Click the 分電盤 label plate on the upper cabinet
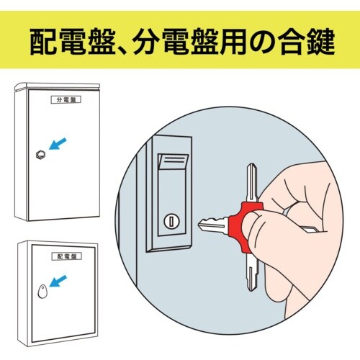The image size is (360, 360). point(66,100)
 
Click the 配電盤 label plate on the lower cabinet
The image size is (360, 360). point(67,256)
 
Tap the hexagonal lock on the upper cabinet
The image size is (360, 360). point(40,155)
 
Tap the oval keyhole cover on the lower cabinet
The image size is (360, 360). point(42,292)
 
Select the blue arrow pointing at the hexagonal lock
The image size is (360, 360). point(58,143)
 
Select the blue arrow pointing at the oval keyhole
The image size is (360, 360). point(58,281)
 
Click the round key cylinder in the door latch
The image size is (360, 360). point(171,221)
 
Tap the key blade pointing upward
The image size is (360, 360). point(252,182)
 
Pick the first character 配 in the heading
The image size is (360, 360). point(43,41)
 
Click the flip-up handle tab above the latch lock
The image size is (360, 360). point(173,161)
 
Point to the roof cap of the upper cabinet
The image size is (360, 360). point(57,86)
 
